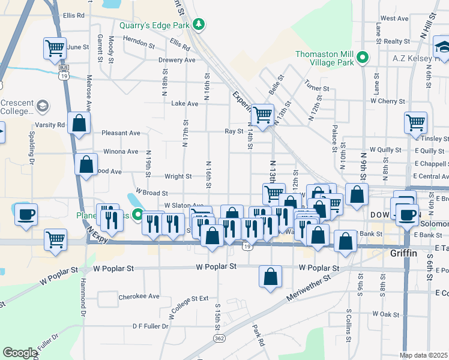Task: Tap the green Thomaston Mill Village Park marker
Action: pyautogui.click(x=362, y=58)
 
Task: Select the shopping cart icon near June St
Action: pyautogui.click(x=55, y=48)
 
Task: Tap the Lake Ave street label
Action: pyautogui.click(x=184, y=104)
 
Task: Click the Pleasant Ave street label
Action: pyautogui.click(x=121, y=133)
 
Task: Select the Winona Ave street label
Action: pyautogui.click(x=121, y=152)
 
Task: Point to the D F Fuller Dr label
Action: pyautogui.click(x=151, y=326)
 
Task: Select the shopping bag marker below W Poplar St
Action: pyautogui.click(x=271, y=277)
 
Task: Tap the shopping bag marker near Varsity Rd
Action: pyautogui.click(x=79, y=123)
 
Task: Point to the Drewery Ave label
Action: pyautogui.click(x=176, y=61)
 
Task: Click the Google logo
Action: pyautogui.click(x=20, y=353)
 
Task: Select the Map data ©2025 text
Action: pyautogui.click(x=424, y=355)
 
